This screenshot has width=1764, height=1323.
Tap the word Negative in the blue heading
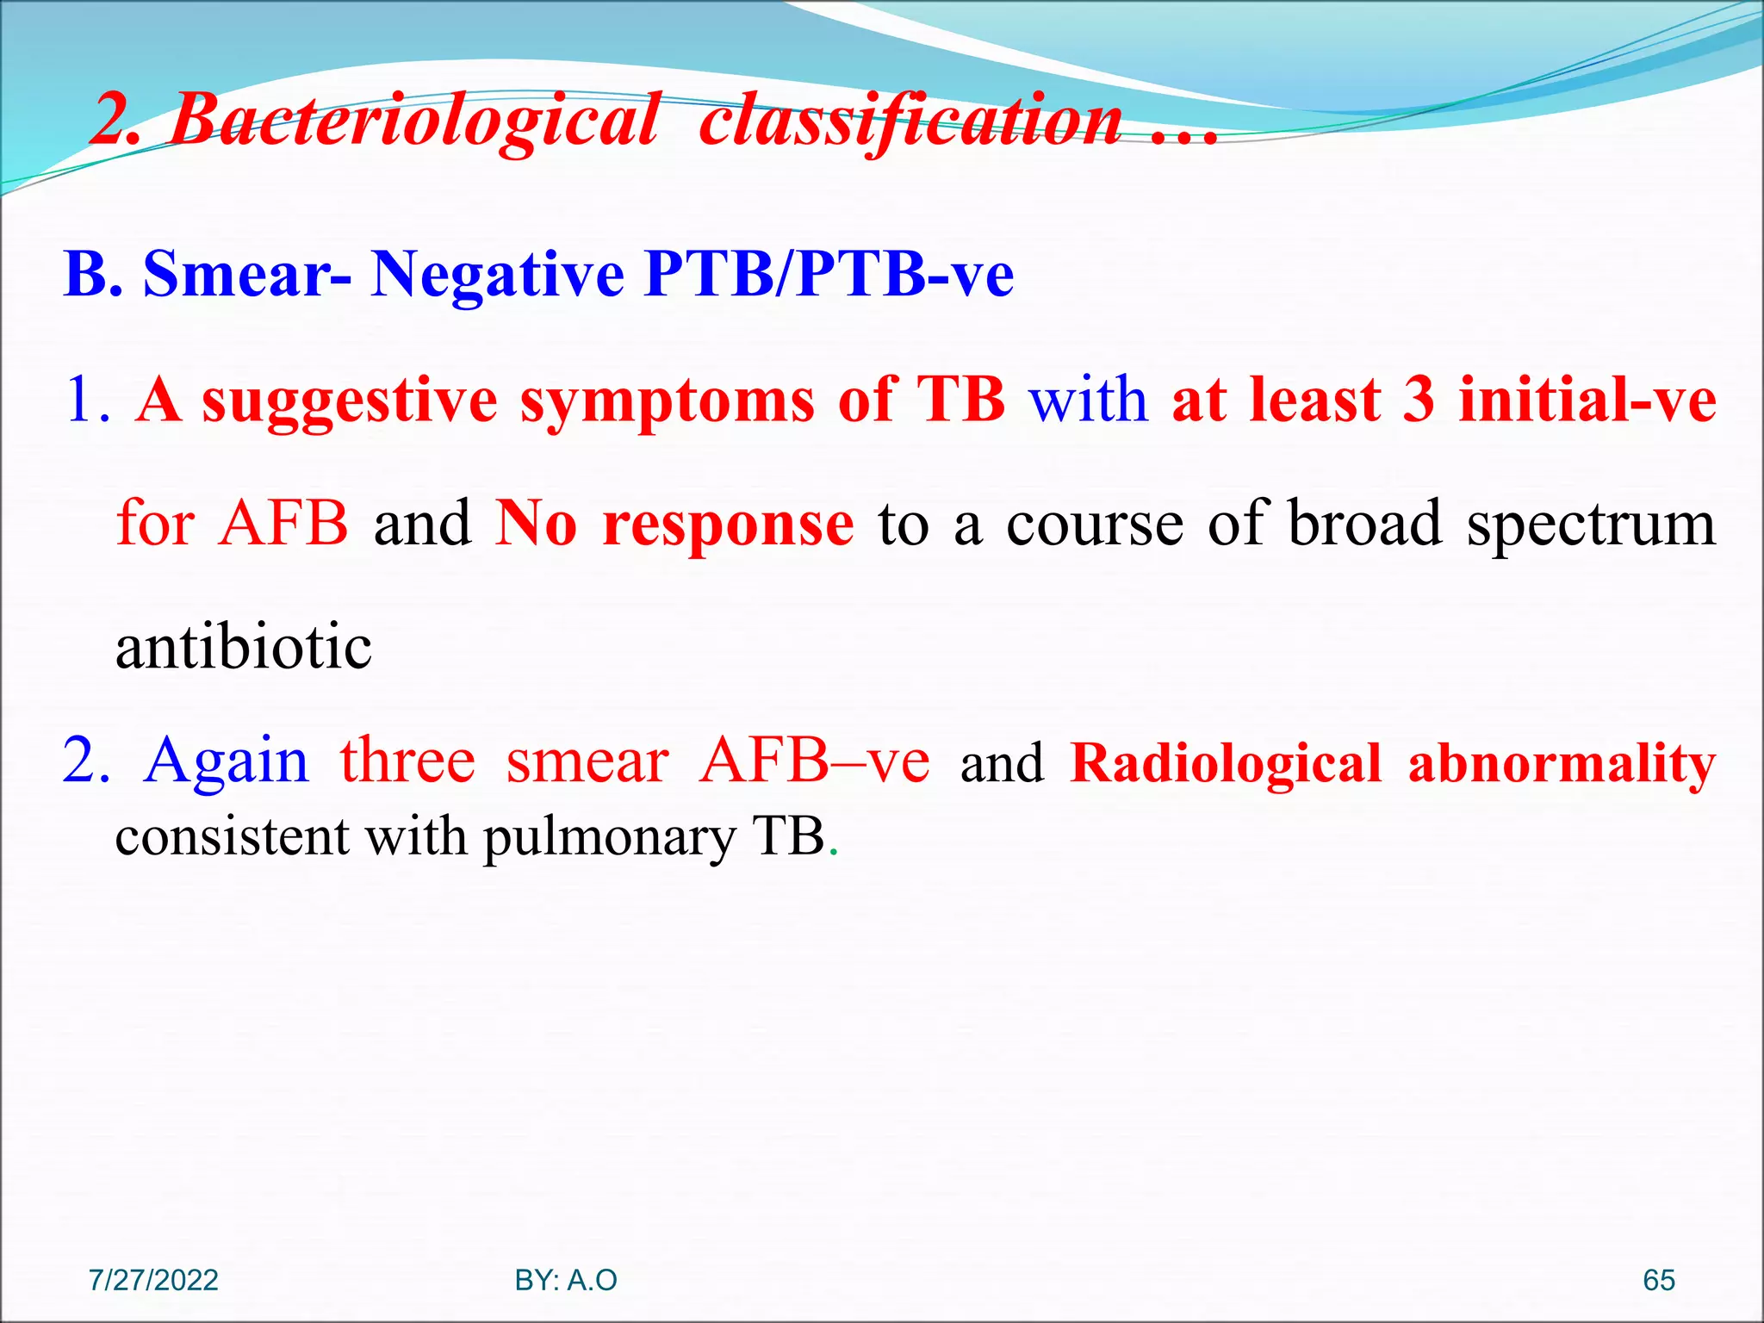pyautogui.click(x=498, y=274)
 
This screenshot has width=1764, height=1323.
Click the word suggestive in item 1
pyautogui.click(x=350, y=401)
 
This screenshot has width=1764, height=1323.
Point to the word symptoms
pyautogui.click(x=668, y=401)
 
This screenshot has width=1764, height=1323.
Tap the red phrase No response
pyautogui.click(x=674, y=524)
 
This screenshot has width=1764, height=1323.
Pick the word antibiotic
pyautogui.click(x=244, y=647)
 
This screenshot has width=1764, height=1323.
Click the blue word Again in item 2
pyautogui.click(x=227, y=761)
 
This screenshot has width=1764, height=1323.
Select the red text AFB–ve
pyautogui.click(x=814, y=761)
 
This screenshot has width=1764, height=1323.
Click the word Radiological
pyautogui.click(x=1226, y=763)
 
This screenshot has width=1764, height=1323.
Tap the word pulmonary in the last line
pyautogui.click(x=609, y=836)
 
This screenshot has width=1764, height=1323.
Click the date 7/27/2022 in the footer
pyautogui.click(x=153, y=1280)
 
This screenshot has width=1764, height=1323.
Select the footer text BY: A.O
pyautogui.click(x=566, y=1280)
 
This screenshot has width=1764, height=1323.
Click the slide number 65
pyautogui.click(x=1658, y=1280)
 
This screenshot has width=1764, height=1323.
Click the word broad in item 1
pyautogui.click(x=1364, y=524)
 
